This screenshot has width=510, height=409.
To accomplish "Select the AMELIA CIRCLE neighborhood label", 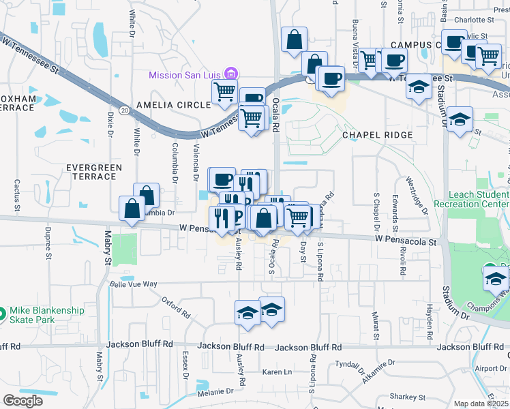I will pyautogui.click(x=173, y=105).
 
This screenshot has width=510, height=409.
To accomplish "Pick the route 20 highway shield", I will pyautogui.click(x=123, y=109).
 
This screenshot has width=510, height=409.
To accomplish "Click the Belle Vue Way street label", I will pyautogui.click(x=134, y=284).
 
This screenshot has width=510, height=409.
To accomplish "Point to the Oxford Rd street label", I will pyautogui.click(x=176, y=307).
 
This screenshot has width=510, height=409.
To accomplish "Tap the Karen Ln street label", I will pyautogui.click(x=277, y=372).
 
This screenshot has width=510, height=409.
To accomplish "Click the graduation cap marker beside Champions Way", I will pyautogui.click(x=496, y=278).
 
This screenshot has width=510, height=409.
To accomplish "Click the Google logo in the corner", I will pyautogui.click(x=22, y=401).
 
